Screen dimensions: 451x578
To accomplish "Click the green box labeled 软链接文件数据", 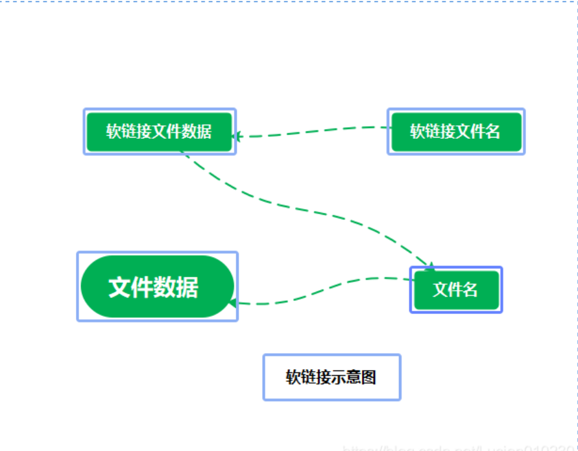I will (x=159, y=132).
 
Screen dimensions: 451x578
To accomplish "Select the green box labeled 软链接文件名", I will (x=456, y=132).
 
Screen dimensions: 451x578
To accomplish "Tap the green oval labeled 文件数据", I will (x=157, y=286).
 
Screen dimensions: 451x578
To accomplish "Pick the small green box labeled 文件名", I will (x=456, y=289).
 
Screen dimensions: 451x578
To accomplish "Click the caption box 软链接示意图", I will (x=331, y=377).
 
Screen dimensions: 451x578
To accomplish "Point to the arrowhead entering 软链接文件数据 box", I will (x=237, y=136).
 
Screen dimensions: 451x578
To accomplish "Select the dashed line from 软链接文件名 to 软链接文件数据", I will (x=311, y=130).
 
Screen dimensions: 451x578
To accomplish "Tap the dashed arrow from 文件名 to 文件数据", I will (x=324, y=289).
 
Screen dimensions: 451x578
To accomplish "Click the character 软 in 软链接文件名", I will (x=417, y=132).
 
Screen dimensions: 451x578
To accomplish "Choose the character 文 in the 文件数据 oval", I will (x=120, y=287).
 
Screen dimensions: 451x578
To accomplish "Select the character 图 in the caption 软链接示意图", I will (x=369, y=377).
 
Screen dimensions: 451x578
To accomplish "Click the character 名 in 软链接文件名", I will (x=493, y=132).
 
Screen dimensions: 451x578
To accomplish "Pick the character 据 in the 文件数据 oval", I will (x=187, y=287).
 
